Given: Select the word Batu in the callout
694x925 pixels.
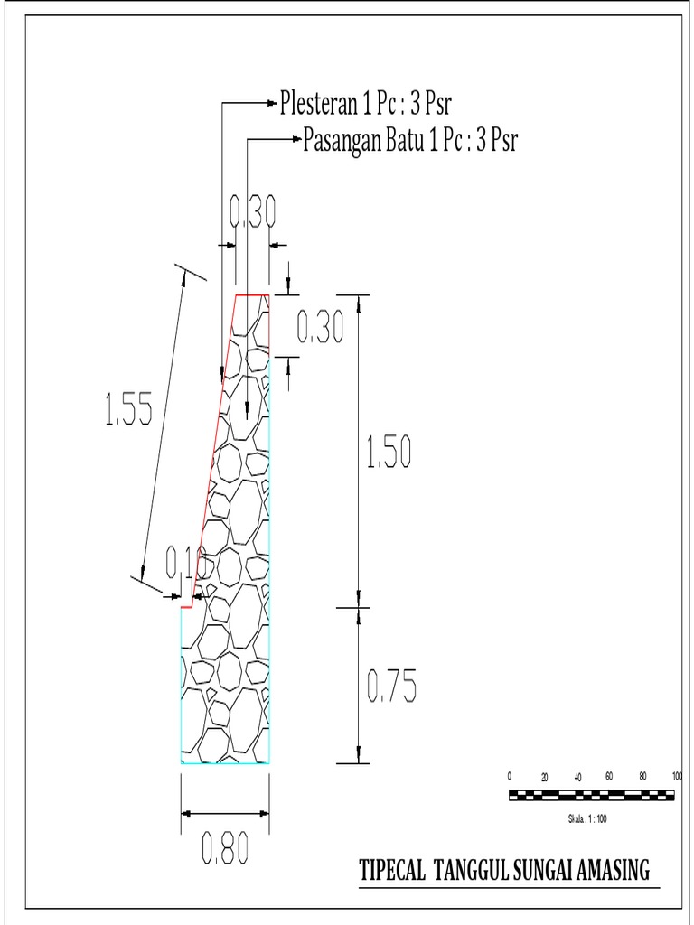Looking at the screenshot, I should (406, 142).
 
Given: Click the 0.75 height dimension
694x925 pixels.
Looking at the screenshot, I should (391, 688).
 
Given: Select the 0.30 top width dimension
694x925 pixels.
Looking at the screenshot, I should (252, 212).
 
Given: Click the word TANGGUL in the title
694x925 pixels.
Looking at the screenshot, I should (471, 872).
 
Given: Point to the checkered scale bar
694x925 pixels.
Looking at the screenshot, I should (592, 795).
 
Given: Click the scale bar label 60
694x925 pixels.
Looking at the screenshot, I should (609, 776).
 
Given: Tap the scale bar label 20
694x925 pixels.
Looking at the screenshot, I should (544, 777).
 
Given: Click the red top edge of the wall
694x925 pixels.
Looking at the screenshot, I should (253, 294).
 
